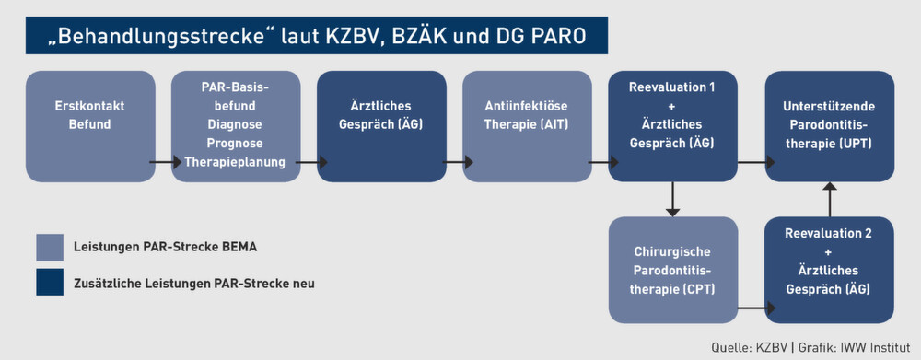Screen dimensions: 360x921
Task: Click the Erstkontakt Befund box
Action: click(89, 126)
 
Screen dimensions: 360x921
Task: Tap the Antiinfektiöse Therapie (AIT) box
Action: click(526, 126)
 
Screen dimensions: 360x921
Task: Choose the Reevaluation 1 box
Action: click(671, 126)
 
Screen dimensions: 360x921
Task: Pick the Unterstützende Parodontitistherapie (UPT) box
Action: click(830, 126)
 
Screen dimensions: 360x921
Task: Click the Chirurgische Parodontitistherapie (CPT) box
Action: click(673, 269)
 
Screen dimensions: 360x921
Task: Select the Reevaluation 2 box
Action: click(830, 269)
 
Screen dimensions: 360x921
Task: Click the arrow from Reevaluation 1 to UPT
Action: click(752, 163)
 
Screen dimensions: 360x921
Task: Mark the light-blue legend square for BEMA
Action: click(50, 248)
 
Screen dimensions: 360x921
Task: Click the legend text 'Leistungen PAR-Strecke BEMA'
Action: click(166, 248)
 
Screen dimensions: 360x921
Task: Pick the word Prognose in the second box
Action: click(236, 145)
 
